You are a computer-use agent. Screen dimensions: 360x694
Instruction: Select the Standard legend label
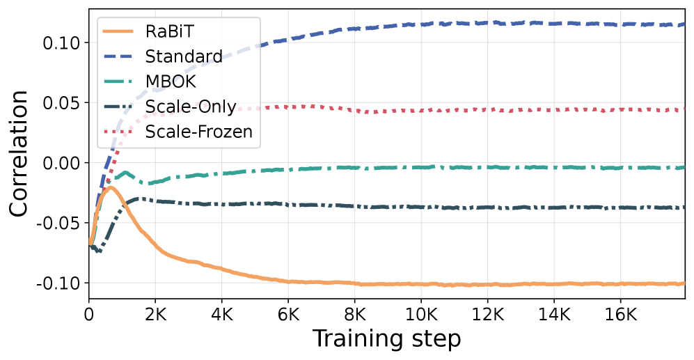tap(184, 56)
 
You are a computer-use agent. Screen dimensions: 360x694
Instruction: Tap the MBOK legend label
tap(171, 81)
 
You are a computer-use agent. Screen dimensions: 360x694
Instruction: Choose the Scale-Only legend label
tap(191, 107)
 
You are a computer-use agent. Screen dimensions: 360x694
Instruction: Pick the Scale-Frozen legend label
tap(199, 132)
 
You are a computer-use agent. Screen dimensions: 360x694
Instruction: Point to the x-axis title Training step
tap(386, 339)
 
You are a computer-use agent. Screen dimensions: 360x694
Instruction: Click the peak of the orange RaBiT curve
tap(110, 187)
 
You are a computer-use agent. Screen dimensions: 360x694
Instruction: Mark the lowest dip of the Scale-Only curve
tap(99, 251)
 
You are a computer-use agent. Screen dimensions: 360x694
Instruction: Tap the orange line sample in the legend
tap(121, 31)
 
